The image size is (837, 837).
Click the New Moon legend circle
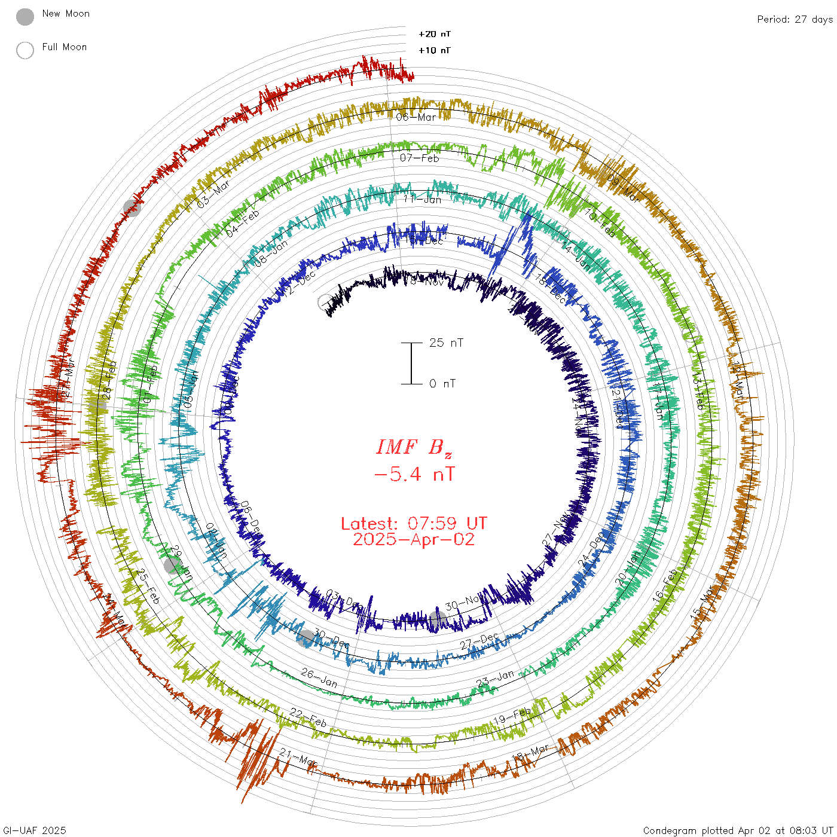point(25,17)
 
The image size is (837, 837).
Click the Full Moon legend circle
point(25,50)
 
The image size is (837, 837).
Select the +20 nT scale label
point(434,34)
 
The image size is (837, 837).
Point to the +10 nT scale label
point(434,50)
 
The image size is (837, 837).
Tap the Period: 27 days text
point(795,19)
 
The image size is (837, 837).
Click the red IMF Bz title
point(414,447)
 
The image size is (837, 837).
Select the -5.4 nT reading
point(414,475)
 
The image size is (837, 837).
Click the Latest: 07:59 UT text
point(414,524)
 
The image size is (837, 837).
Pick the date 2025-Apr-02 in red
point(414,539)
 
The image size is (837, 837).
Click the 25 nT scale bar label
point(446,343)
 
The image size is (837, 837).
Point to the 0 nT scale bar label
point(442,383)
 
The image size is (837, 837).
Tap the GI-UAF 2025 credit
point(35,830)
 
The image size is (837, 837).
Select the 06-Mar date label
point(416,117)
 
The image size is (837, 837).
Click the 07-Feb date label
point(419,158)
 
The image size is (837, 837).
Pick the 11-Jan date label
point(422,199)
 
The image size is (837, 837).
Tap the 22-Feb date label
point(308,717)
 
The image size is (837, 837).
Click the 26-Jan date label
point(319,677)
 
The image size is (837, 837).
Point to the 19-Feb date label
point(512,716)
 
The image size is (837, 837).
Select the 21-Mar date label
point(298,757)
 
